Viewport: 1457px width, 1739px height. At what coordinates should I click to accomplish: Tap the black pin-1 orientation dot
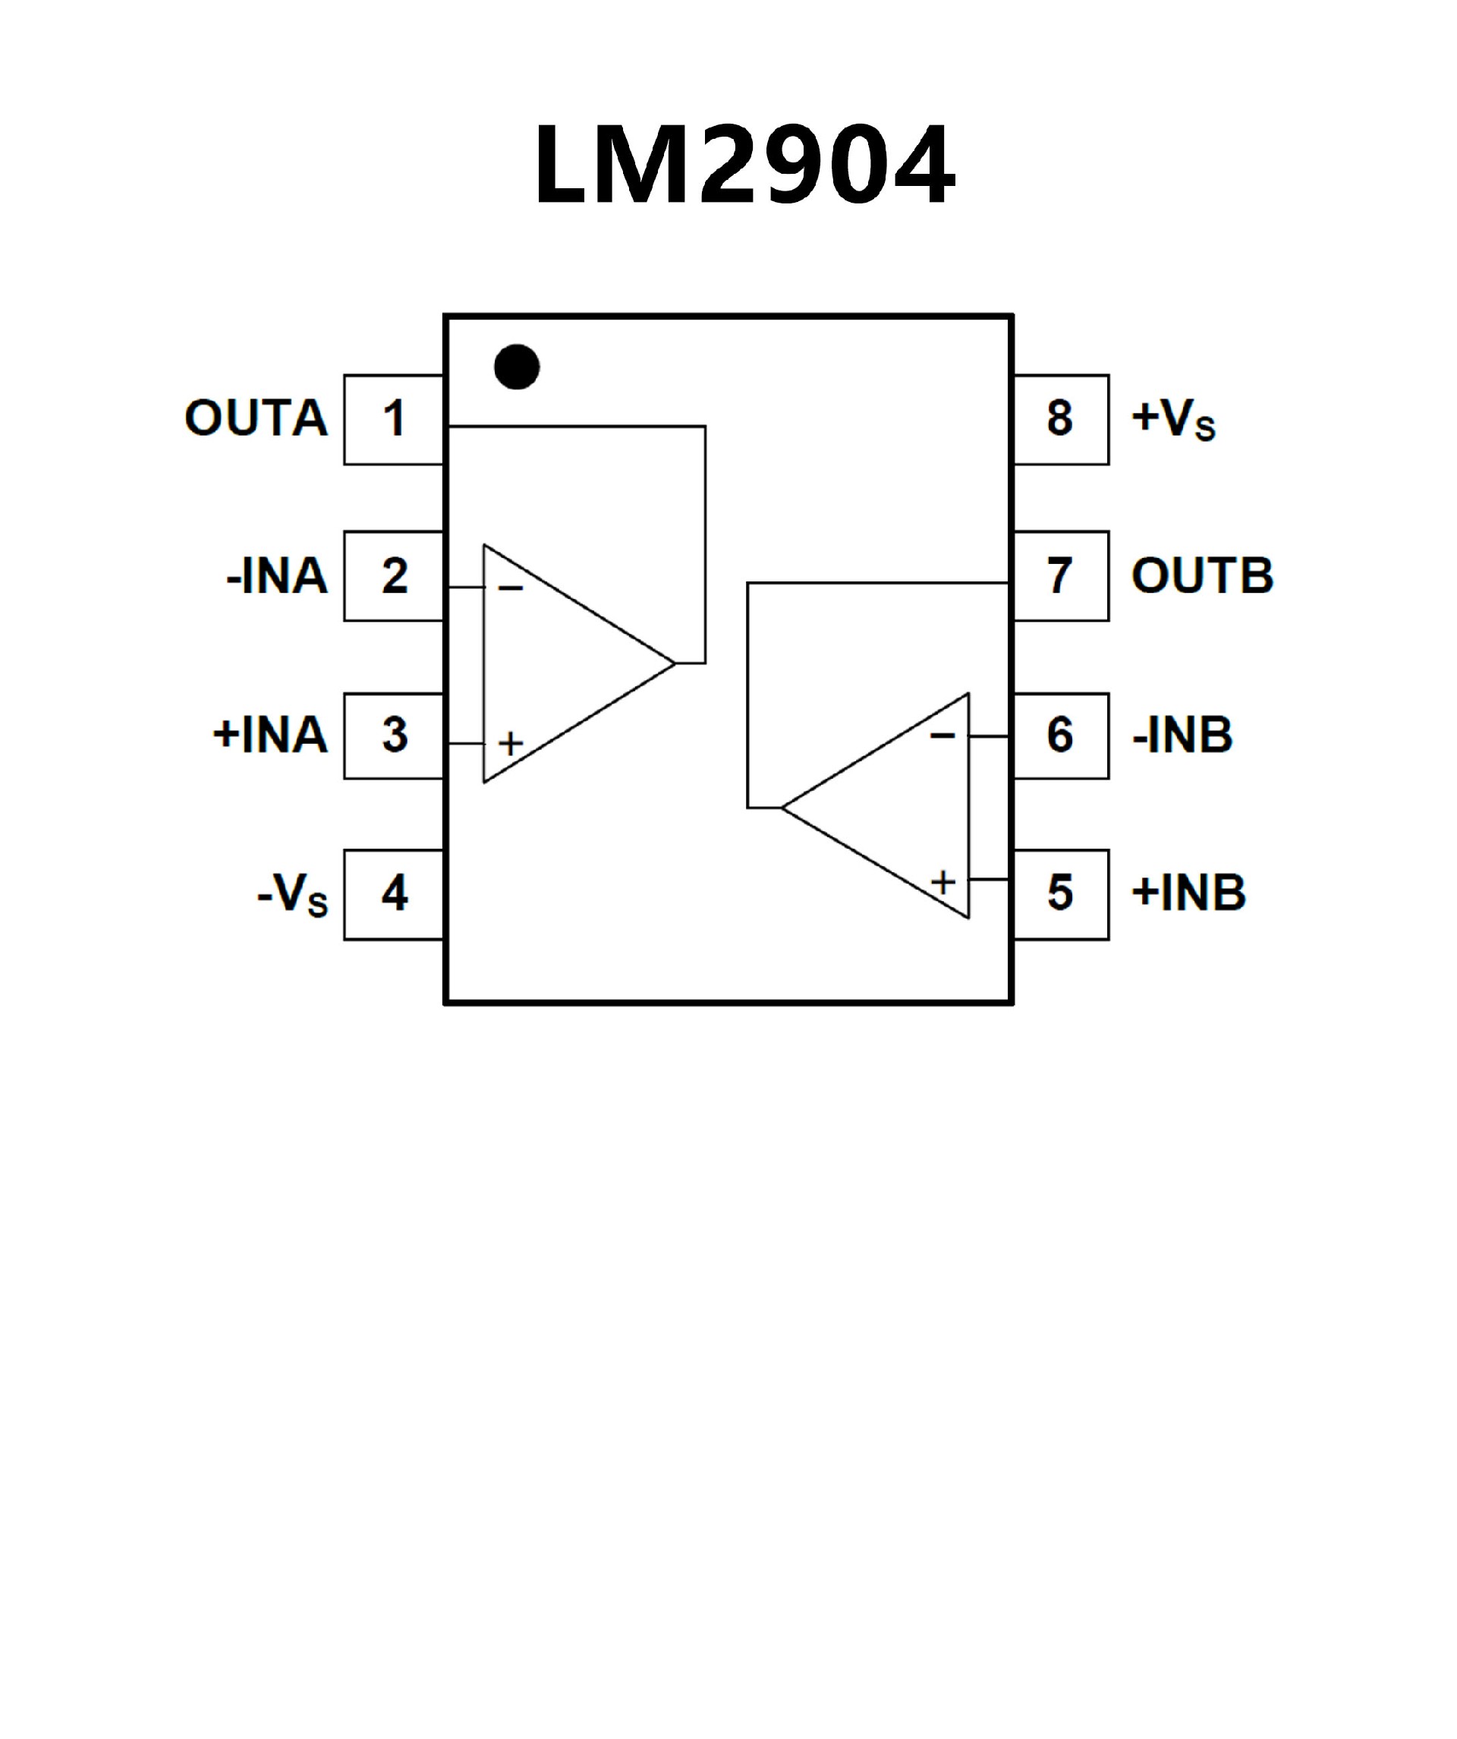[x=517, y=366]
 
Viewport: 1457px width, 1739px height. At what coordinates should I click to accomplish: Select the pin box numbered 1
[x=394, y=419]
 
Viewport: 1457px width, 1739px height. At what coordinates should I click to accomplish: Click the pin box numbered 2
[x=394, y=575]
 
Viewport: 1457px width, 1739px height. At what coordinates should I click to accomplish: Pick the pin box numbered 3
[x=394, y=736]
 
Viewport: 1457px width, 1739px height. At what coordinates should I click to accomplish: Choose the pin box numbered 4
[x=394, y=894]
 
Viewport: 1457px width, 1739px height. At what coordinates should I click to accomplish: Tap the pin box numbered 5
[x=1060, y=894]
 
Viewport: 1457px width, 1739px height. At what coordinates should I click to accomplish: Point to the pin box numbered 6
[x=1060, y=736]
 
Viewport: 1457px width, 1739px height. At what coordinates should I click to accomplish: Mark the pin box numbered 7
[x=1060, y=575]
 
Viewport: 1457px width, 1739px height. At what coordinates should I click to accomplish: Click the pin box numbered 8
[x=1060, y=419]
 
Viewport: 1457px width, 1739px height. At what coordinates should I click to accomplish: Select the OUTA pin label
[x=256, y=418]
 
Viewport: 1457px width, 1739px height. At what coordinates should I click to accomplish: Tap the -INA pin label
[x=276, y=576]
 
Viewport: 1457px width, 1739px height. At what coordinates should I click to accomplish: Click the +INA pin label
[x=270, y=736]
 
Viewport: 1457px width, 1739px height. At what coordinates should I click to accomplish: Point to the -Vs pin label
[x=292, y=895]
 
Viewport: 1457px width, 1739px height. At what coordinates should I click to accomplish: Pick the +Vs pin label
[x=1173, y=420]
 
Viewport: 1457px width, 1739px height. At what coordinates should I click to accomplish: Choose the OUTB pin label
[x=1202, y=575]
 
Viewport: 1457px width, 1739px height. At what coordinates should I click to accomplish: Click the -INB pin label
[x=1182, y=736]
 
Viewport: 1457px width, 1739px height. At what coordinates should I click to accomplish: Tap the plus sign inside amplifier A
[x=511, y=743]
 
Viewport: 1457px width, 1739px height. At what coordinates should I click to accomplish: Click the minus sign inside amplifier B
[x=942, y=736]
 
